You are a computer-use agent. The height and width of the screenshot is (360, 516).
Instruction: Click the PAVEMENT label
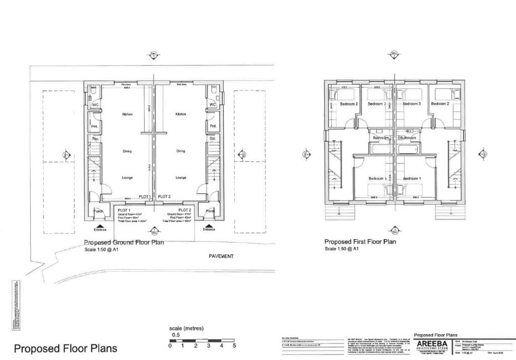[221, 256]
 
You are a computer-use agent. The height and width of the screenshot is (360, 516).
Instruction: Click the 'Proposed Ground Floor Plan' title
[123, 243]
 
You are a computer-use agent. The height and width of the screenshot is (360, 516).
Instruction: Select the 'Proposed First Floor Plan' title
[360, 242]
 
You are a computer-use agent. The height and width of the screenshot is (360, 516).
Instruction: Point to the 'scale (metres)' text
[186, 328]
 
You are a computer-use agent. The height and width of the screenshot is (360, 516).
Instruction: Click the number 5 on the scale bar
[234, 346]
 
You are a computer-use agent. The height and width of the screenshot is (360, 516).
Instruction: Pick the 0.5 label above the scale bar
[176, 335]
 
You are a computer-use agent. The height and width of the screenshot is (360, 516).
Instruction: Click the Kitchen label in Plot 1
[126, 114]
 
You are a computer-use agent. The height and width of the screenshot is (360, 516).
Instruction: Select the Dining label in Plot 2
[181, 151]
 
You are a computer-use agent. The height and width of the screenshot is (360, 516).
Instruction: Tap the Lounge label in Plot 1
[126, 177]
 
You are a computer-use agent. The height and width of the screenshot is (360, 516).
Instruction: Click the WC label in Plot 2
[212, 105]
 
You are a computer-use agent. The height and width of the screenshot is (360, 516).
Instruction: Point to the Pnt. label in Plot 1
[94, 126]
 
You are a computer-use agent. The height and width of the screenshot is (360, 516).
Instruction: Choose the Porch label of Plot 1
[98, 211]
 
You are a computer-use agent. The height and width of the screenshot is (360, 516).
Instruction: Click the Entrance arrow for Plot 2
[209, 224]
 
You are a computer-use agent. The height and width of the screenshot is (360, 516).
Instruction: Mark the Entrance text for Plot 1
[100, 229]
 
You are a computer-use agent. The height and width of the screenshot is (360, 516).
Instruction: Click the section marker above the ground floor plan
[153, 55]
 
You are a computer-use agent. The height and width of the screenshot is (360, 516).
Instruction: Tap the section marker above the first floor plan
[394, 55]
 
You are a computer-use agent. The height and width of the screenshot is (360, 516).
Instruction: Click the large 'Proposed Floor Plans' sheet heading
[65, 348]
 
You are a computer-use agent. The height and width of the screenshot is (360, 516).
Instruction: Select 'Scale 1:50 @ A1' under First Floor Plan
[342, 249]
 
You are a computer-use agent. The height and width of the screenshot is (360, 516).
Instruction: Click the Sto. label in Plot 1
[94, 138]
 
